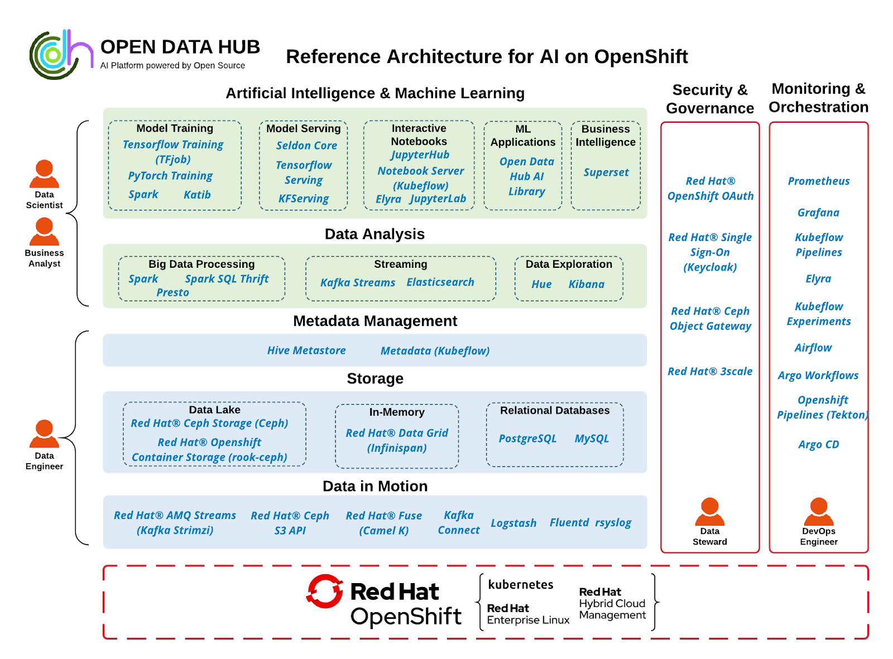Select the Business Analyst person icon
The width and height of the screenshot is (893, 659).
coord(44,232)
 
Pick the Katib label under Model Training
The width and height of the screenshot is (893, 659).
coord(197,195)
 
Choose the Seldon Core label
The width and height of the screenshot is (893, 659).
coord(306,146)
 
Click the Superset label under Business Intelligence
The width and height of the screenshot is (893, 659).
coord(606,172)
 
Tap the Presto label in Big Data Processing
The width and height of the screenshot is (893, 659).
coord(172,292)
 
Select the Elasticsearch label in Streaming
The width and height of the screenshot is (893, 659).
coord(440,282)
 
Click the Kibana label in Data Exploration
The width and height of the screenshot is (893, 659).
coord(586,285)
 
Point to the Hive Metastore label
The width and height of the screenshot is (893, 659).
coord(306,350)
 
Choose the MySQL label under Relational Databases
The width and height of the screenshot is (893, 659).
coord(591,439)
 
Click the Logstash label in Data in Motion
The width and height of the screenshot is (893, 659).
coord(513,523)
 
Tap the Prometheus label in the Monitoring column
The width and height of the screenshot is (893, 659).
coord(818,181)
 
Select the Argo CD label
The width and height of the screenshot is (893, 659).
coord(818,445)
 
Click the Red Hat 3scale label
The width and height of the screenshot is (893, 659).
coord(709,372)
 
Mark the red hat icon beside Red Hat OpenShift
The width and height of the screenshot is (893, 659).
coord(324,591)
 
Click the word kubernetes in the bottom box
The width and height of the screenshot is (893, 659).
coord(520,585)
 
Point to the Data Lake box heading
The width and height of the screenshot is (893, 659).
coord(214,410)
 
